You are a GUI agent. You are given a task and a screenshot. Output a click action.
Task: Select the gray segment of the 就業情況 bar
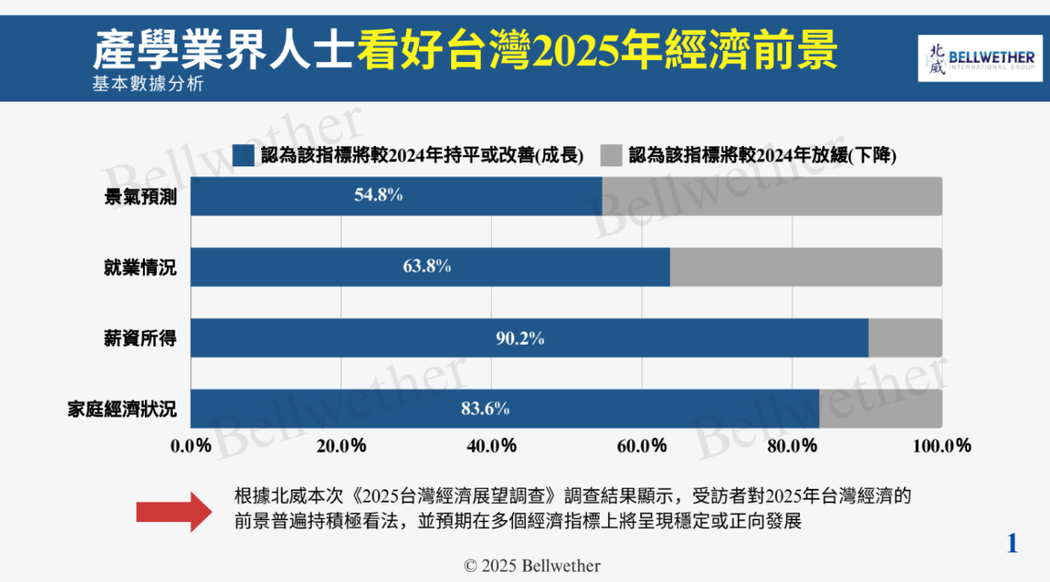(805, 267)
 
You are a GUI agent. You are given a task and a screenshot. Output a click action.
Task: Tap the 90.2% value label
(519, 338)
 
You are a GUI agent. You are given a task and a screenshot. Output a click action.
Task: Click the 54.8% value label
(378, 196)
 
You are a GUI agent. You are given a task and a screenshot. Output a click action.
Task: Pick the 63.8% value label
(427, 267)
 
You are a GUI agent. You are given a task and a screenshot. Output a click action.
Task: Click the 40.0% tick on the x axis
(492, 446)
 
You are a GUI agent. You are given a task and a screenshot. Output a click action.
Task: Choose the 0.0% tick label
(191, 446)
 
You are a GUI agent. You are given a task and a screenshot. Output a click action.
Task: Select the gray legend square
(610, 155)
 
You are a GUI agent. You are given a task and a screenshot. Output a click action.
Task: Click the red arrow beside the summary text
(173, 511)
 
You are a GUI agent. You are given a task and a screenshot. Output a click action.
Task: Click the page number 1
(1012, 543)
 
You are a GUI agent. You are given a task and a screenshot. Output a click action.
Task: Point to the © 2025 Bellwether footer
(531, 565)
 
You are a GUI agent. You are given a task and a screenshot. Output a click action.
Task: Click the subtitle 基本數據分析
(147, 85)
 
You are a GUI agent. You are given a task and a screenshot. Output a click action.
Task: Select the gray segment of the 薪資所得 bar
(905, 338)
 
